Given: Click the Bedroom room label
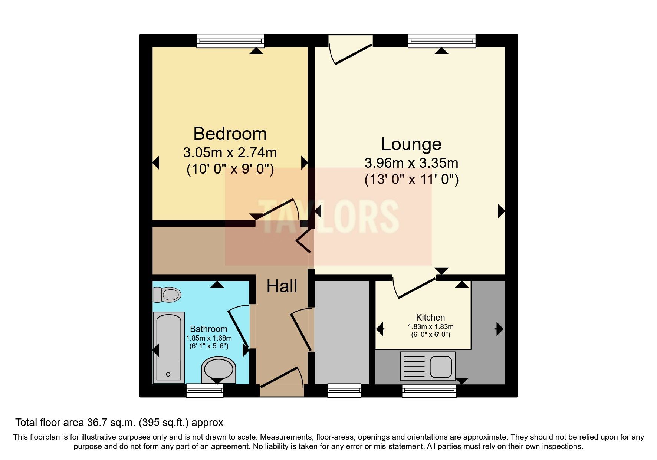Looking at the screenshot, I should pos(230,134).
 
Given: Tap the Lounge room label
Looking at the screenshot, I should pos(411,144).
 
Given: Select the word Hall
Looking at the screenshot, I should pos(282,286).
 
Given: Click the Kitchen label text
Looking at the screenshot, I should pos(430,318).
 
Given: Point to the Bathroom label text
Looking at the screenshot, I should pos(208,329).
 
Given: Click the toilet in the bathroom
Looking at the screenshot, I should pos(167,295).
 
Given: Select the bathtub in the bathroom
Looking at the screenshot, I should pos(169,347).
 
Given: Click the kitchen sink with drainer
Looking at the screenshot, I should pos(428,366).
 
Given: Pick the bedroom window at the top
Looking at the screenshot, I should pos(230,40).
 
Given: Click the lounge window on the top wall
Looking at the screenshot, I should pos(442,40).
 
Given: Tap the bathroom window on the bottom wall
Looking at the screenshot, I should pos(205,390).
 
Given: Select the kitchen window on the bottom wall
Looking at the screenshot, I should pos(429,391).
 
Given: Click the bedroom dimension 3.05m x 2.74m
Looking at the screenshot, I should pos(230,152).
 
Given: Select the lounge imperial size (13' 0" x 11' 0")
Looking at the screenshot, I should pos(411,180).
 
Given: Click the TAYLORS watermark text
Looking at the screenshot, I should pos(328,217).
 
